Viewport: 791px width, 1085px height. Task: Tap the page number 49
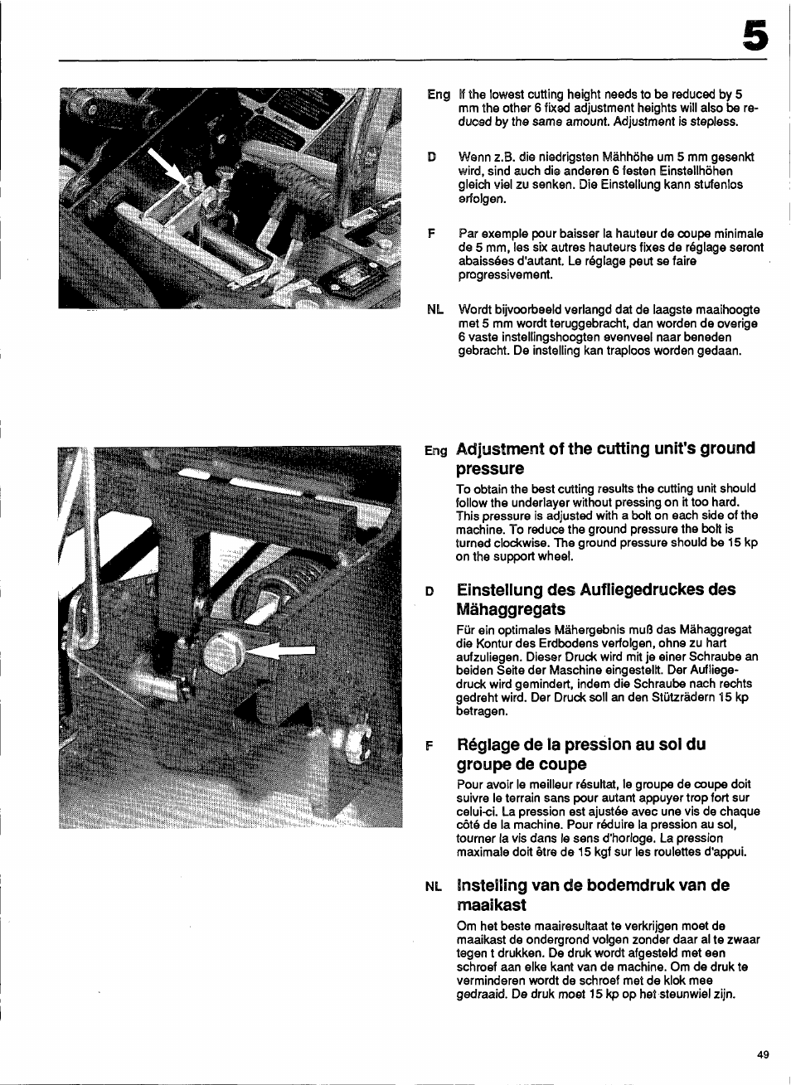(x=763, y=1054)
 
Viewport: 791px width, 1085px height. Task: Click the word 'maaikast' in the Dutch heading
(x=491, y=905)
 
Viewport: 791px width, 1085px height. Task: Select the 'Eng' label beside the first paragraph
(x=439, y=94)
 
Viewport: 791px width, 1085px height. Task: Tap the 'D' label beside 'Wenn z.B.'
(x=431, y=157)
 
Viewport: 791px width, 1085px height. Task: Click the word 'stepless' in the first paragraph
(x=714, y=122)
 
